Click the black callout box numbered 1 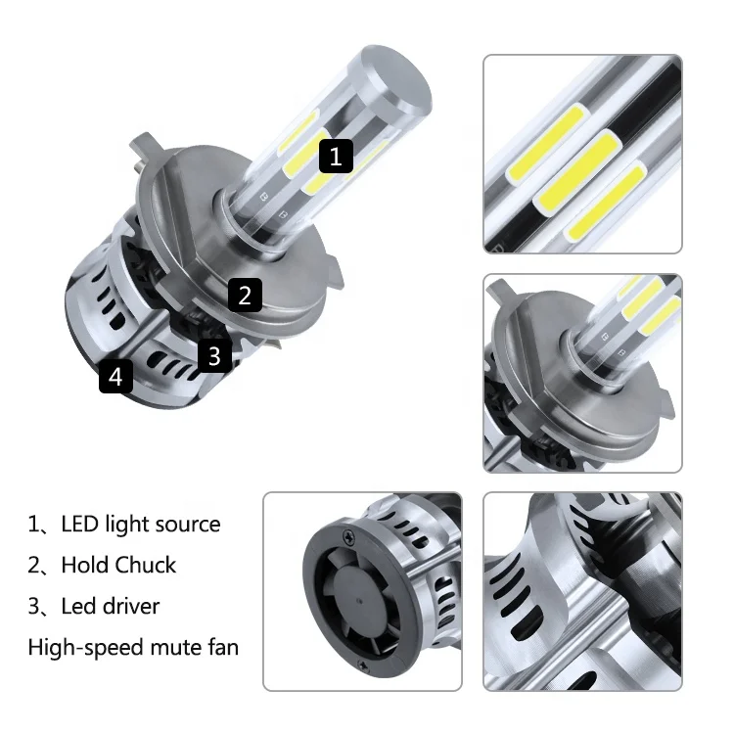pos(336,156)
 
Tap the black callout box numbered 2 pos(245,295)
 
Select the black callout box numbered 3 pos(214,356)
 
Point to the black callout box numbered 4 pos(115,376)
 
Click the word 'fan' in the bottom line pos(223,648)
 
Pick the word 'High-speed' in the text pos(85,648)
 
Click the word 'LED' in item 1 pos(79,525)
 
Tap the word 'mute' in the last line pos(176,648)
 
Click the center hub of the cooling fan pos(359,602)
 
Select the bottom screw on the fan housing pos(363,665)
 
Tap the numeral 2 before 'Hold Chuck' pos(34,566)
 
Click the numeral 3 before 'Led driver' pos(34,607)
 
